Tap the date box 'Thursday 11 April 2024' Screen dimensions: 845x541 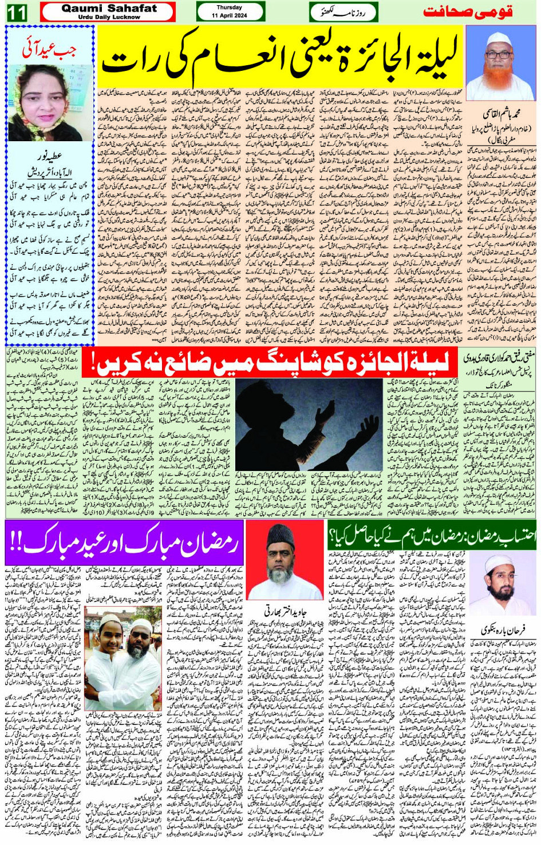[230, 11]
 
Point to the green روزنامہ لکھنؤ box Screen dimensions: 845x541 [343, 12]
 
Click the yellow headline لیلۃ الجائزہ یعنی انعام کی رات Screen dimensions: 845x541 [281, 58]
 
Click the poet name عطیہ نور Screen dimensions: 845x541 [49, 156]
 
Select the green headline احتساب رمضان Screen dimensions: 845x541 [432, 536]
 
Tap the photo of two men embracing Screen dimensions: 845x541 [123, 644]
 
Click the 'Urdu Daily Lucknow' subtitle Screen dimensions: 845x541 [109, 17]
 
